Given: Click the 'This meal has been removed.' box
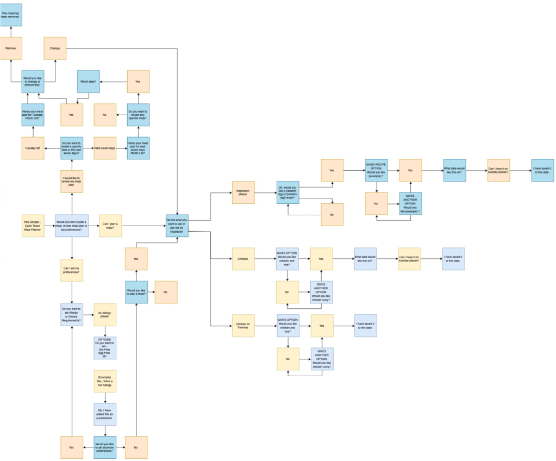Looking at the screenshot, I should click(x=11, y=14).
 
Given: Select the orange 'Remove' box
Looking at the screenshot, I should click(x=11, y=48).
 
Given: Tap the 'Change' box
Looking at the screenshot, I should click(x=55, y=48).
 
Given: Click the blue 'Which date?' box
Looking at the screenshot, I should click(x=88, y=82).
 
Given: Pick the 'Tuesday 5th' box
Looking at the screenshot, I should click(x=33, y=148).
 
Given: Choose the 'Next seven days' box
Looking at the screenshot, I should click(x=105, y=148).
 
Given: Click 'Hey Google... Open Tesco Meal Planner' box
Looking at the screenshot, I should click(x=33, y=226).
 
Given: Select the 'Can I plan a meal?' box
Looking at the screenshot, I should click(x=111, y=226).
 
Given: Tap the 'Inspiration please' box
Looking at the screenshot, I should click(x=243, y=192).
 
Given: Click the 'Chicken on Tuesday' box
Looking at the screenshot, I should click(x=243, y=326).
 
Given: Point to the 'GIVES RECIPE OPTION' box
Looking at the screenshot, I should click(x=376, y=170).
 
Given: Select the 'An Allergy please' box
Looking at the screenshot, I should click(x=105, y=314).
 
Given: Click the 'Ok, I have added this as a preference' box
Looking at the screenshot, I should click(x=105, y=414).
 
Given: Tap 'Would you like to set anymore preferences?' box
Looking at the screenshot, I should click(x=105, y=447).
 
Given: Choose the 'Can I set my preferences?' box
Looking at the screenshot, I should click(x=72, y=270).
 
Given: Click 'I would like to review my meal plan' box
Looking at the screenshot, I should click(x=72, y=181).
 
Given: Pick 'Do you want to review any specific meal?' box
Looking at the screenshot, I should click(x=138, y=115).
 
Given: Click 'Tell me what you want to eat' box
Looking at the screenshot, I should click(x=177, y=226).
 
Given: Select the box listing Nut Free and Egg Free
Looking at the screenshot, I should click(x=105, y=348).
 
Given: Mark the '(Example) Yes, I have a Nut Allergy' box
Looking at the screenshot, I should click(x=105, y=381).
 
